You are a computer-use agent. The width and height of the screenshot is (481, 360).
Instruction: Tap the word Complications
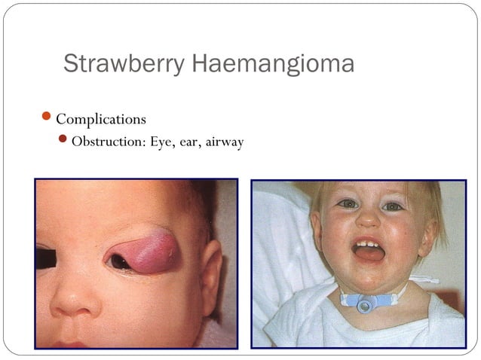[x=101, y=119]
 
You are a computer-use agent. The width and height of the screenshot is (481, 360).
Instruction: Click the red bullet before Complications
[x=47, y=118]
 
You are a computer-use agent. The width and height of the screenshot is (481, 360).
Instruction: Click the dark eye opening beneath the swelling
[x=121, y=262]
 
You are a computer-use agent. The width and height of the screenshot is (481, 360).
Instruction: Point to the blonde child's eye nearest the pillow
[x=347, y=203]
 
